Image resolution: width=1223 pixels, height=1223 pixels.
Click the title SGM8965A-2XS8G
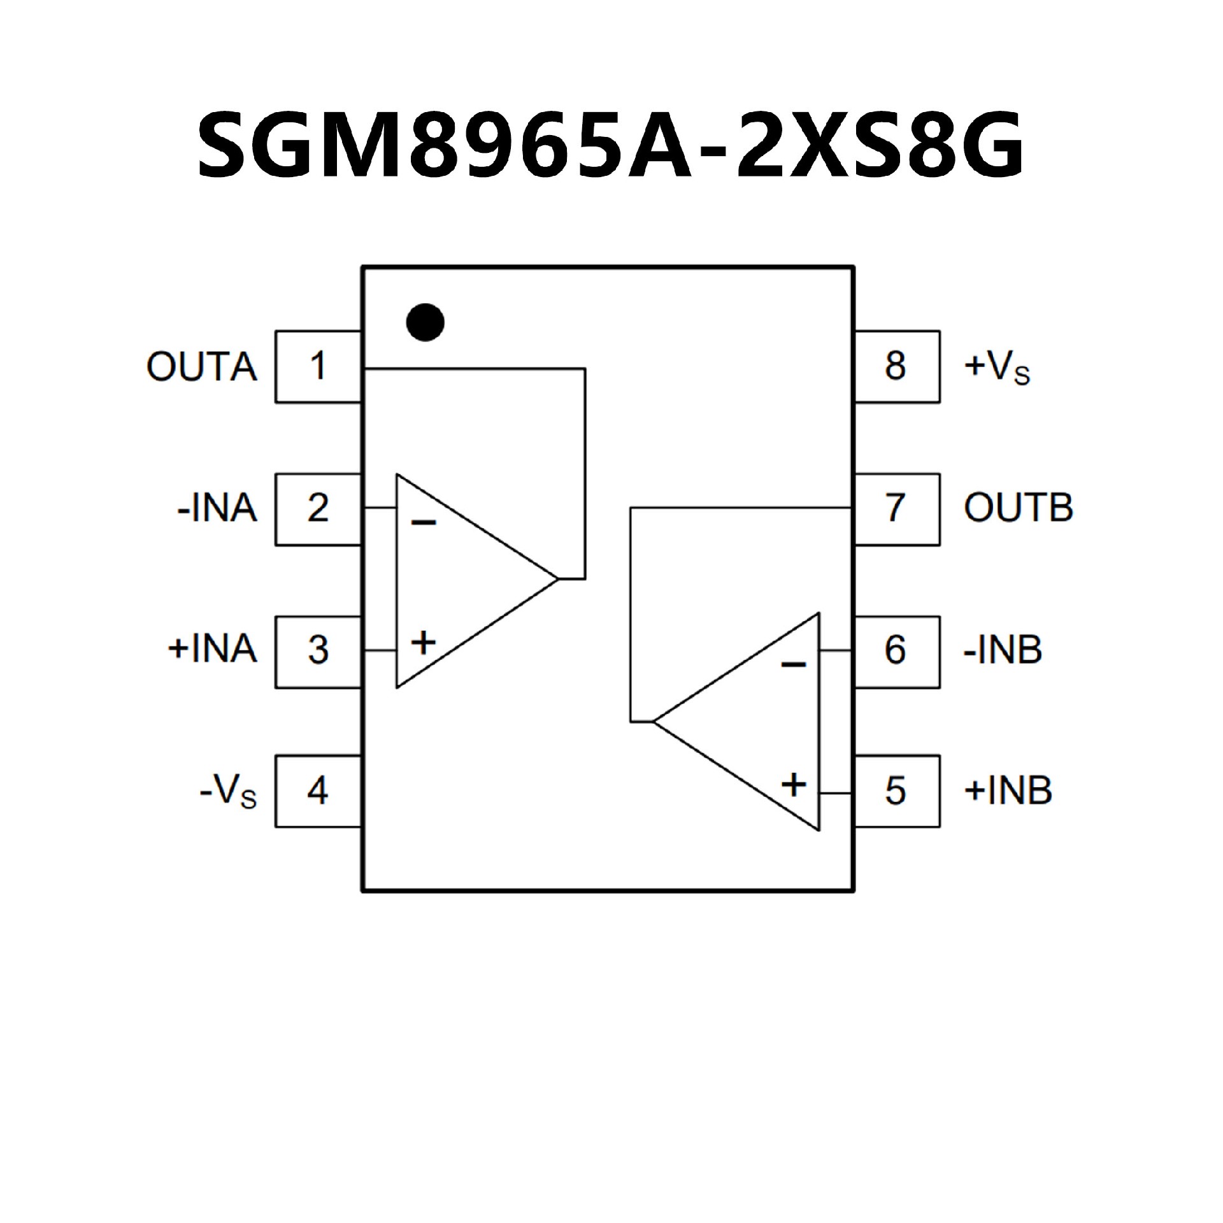pyautogui.click(x=610, y=145)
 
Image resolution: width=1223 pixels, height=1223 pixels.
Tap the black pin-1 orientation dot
pyautogui.click(x=425, y=322)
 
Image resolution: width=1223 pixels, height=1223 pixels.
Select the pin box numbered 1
pyautogui.click(x=318, y=366)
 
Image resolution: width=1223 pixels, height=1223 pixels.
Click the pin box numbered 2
pyautogui.click(x=318, y=509)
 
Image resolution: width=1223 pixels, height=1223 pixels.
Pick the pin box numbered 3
pyautogui.click(x=318, y=651)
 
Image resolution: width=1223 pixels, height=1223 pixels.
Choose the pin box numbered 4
pyautogui.click(x=318, y=791)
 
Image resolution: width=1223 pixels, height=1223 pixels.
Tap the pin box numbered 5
pyautogui.click(x=896, y=791)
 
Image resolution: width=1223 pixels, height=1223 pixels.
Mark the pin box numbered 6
pyautogui.click(x=896, y=651)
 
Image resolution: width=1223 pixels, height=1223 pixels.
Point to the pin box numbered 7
pyautogui.click(x=896, y=509)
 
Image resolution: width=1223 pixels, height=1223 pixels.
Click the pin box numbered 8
pyautogui.click(x=896, y=366)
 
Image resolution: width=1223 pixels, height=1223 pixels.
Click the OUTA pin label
pyautogui.click(x=202, y=367)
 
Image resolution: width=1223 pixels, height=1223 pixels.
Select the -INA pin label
pyautogui.click(x=217, y=509)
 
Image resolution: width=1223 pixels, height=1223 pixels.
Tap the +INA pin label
pyautogui.click(x=212, y=650)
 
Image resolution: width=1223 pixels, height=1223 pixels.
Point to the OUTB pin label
pyautogui.click(x=1019, y=508)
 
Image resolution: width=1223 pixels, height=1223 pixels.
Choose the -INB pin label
pyautogui.click(x=1003, y=650)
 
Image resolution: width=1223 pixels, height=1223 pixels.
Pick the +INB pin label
pyautogui.click(x=1008, y=791)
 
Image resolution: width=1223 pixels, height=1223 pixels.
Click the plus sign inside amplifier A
pyautogui.click(x=424, y=642)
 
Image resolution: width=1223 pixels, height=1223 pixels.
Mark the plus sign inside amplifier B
pyautogui.click(x=794, y=785)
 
